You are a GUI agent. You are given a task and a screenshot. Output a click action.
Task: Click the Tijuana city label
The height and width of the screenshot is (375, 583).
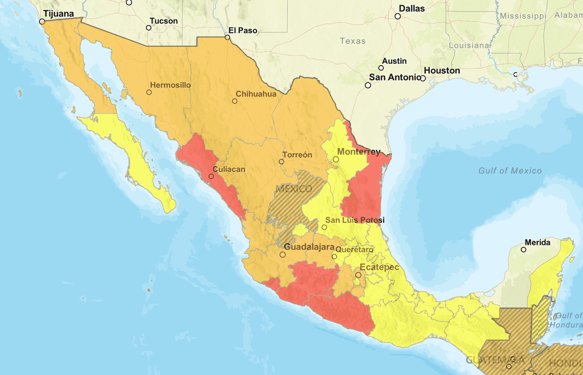pyautogui.click(x=58, y=14)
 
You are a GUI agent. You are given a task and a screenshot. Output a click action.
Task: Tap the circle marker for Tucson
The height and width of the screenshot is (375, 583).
pyautogui.click(x=149, y=28)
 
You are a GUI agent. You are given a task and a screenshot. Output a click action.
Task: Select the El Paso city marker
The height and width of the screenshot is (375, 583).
pyautogui.click(x=227, y=37)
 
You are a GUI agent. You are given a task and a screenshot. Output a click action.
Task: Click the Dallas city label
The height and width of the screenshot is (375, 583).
pyautogui.click(x=412, y=8)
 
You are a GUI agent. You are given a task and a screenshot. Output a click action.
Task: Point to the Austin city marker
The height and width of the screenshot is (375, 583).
pyautogui.click(x=381, y=68)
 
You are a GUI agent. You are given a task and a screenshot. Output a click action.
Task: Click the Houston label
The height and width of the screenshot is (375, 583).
pyautogui.click(x=442, y=71)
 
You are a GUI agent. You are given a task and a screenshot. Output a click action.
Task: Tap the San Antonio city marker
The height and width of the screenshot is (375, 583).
pyautogui.click(x=368, y=85)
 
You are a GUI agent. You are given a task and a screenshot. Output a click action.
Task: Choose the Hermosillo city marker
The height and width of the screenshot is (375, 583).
pyautogui.click(x=149, y=92)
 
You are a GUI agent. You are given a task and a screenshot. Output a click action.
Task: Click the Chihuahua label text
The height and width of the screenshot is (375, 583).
pyautogui.click(x=256, y=94)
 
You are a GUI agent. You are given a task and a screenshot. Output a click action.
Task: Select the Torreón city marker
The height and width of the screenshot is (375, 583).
pyautogui.click(x=281, y=162)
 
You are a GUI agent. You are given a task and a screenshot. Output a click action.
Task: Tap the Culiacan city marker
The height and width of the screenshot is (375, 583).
pyautogui.click(x=211, y=176)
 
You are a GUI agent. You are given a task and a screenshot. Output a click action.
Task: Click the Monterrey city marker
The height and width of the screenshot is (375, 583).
pyautogui.click(x=336, y=159)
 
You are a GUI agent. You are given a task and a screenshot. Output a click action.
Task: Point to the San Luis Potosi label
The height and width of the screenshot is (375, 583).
pyautogui.click(x=354, y=220)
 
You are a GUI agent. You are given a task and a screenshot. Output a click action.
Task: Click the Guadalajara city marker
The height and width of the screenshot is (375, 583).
pyautogui.click(x=283, y=255)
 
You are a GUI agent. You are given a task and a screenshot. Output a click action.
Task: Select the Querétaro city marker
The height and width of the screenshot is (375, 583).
pyautogui.click(x=334, y=257)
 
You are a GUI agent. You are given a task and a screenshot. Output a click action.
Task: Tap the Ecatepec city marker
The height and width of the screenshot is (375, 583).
pyautogui.click(x=358, y=275)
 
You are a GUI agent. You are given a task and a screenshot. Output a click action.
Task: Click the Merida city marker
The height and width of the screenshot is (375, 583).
pyautogui.click(x=524, y=250)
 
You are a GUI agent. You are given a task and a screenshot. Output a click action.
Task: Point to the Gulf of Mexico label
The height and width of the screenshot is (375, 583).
pyautogui.click(x=510, y=171)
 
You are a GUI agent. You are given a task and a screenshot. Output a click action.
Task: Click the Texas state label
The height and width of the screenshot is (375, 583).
pyautogui.click(x=353, y=41)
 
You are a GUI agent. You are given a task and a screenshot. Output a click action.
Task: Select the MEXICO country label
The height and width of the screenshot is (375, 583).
pyautogui.click(x=294, y=189)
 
